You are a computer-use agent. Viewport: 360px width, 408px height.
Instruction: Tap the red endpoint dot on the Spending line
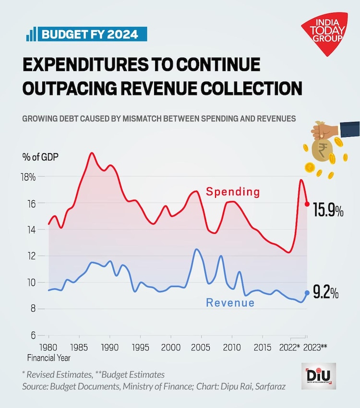(307, 204)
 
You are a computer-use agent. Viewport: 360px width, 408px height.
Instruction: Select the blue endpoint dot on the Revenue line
(307, 293)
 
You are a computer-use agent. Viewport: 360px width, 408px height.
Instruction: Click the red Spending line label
(233, 192)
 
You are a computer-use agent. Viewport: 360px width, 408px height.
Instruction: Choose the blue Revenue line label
(230, 303)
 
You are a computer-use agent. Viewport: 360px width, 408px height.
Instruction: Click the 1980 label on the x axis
(48, 347)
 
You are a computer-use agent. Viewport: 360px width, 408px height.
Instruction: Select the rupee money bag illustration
(322, 146)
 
